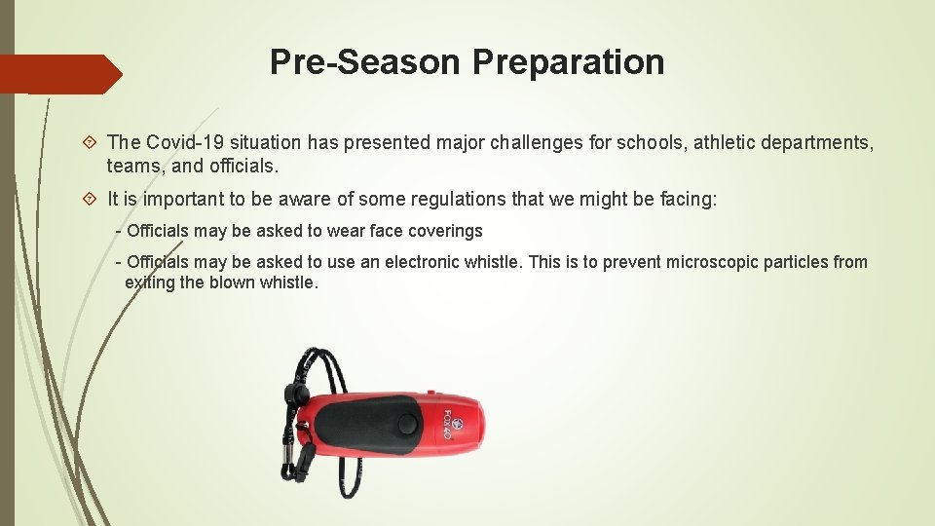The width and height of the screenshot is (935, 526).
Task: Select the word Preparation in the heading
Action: (568, 62)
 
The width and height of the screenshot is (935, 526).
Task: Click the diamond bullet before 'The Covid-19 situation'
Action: (89, 143)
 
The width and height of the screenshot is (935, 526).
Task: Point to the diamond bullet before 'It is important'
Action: (89, 200)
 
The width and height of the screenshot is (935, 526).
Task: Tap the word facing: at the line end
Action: (686, 200)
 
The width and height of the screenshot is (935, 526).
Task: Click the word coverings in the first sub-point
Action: (447, 231)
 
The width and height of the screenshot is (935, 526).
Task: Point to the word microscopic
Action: (710, 262)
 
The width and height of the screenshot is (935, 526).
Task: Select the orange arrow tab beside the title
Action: (58, 74)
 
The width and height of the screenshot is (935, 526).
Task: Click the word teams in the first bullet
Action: (131, 167)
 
